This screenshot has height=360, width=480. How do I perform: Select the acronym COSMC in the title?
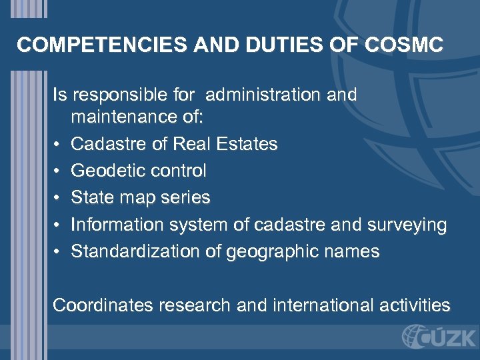pyautogui.click(x=405, y=45)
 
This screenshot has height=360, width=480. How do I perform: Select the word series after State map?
pyautogui.click(x=186, y=198)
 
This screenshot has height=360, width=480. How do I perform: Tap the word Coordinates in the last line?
pyautogui.click(x=102, y=305)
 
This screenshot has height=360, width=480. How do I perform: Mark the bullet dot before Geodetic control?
pyautogui.click(x=57, y=171)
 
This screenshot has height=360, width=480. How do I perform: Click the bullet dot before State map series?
pyautogui.click(x=57, y=198)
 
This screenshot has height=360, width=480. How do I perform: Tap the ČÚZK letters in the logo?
pyautogui.click(x=446, y=337)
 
